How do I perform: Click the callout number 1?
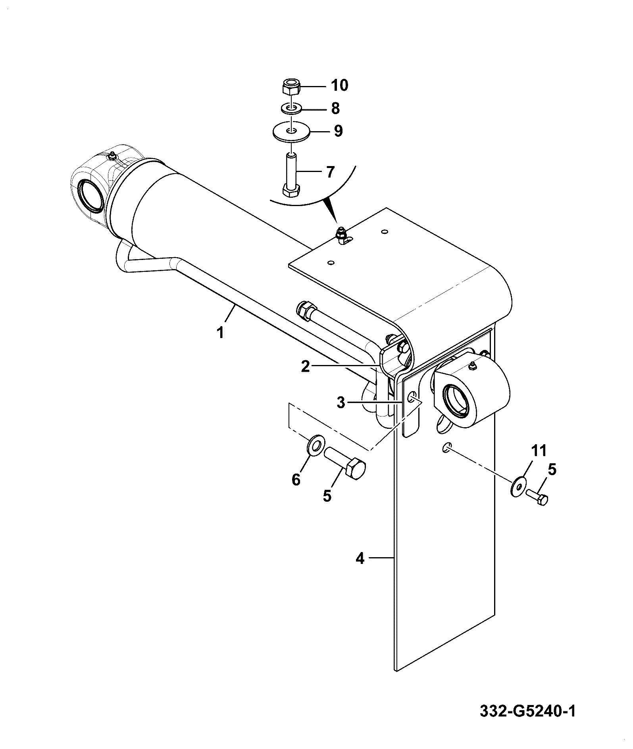220,332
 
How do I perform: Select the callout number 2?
305,367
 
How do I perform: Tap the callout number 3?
341,403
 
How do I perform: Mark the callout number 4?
360,559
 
